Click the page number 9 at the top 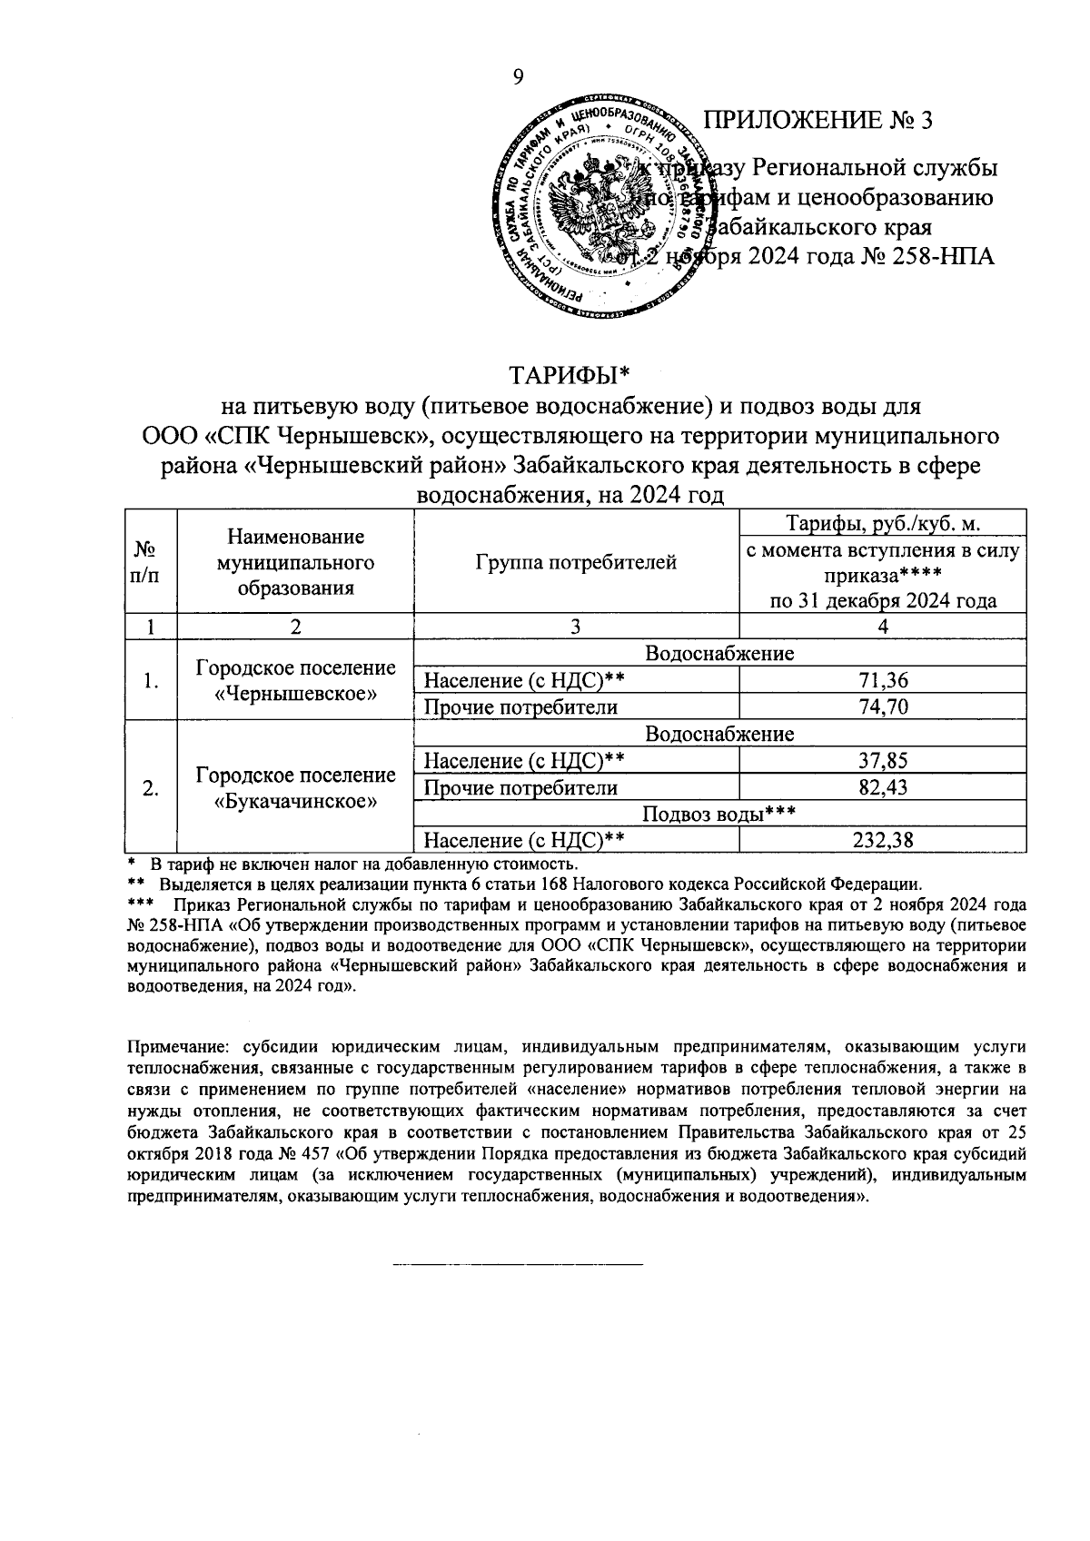(x=518, y=78)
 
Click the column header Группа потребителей (x=576, y=562)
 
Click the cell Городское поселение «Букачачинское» (x=295, y=788)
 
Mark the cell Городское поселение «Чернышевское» (x=295, y=681)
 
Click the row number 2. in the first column (x=152, y=788)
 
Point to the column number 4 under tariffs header (x=882, y=627)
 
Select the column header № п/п (x=152, y=562)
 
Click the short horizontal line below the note (x=517, y=1264)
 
